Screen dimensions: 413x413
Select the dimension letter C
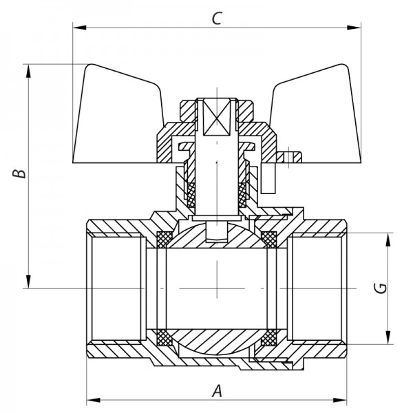[217, 19]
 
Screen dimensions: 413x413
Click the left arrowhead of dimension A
[92, 399]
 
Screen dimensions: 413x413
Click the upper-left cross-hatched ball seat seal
[165, 239]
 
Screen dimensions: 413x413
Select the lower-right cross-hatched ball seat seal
[270, 338]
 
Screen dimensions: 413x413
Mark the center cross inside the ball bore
[217, 288]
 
